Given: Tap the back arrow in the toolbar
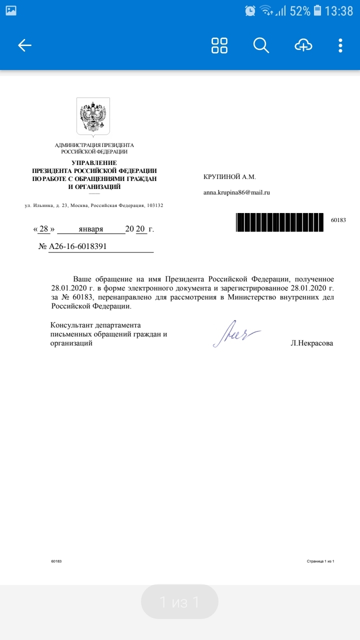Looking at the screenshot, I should pyautogui.click(x=24, y=45).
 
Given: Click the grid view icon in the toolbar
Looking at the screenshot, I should pyautogui.click(x=219, y=45).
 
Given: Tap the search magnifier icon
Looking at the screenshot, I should pyautogui.click(x=261, y=45).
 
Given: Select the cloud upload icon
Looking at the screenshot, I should pyautogui.click(x=303, y=45).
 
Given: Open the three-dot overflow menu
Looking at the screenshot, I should pyautogui.click(x=340, y=45).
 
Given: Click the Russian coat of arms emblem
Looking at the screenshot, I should pyautogui.click(x=93, y=116).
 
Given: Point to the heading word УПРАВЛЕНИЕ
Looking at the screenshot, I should pyautogui.click(x=94, y=163).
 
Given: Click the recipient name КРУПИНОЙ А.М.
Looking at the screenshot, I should pyautogui.click(x=229, y=177).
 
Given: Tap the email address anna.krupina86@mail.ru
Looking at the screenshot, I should pyautogui.click(x=236, y=192).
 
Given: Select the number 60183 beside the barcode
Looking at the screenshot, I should pyautogui.click(x=338, y=220).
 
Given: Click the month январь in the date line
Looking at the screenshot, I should pyautogui.click(x=91, y=229).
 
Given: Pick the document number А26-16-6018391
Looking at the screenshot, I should pyautogui.click(x=77, y=246).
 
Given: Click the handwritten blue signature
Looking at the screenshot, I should pyautogui.click(x=236, y=333).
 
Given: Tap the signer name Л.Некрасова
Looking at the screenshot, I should pyautogui.click(x=311, y=343).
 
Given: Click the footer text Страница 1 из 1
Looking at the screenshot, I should pyautogui.click(x=320, y=561).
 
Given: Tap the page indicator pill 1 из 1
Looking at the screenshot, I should pyautogui.click(x=179, y=602).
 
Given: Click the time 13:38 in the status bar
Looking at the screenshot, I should pyautogui.click(x=338, y=10).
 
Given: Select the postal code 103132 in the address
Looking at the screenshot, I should pyautogui.click(x=154, y=206).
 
